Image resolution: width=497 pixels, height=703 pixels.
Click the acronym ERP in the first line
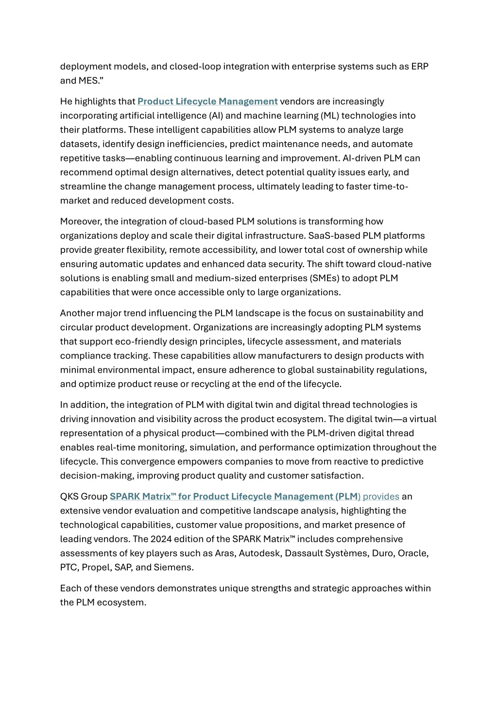(420, 67)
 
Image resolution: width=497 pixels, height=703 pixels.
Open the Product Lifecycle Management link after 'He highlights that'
(207, 102)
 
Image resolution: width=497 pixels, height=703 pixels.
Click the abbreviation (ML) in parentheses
(330, 116)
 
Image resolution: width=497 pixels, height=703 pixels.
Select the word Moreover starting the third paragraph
(81, 222)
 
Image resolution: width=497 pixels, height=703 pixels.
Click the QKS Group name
(84, 497)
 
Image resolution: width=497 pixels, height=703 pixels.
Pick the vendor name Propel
(95, 567)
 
